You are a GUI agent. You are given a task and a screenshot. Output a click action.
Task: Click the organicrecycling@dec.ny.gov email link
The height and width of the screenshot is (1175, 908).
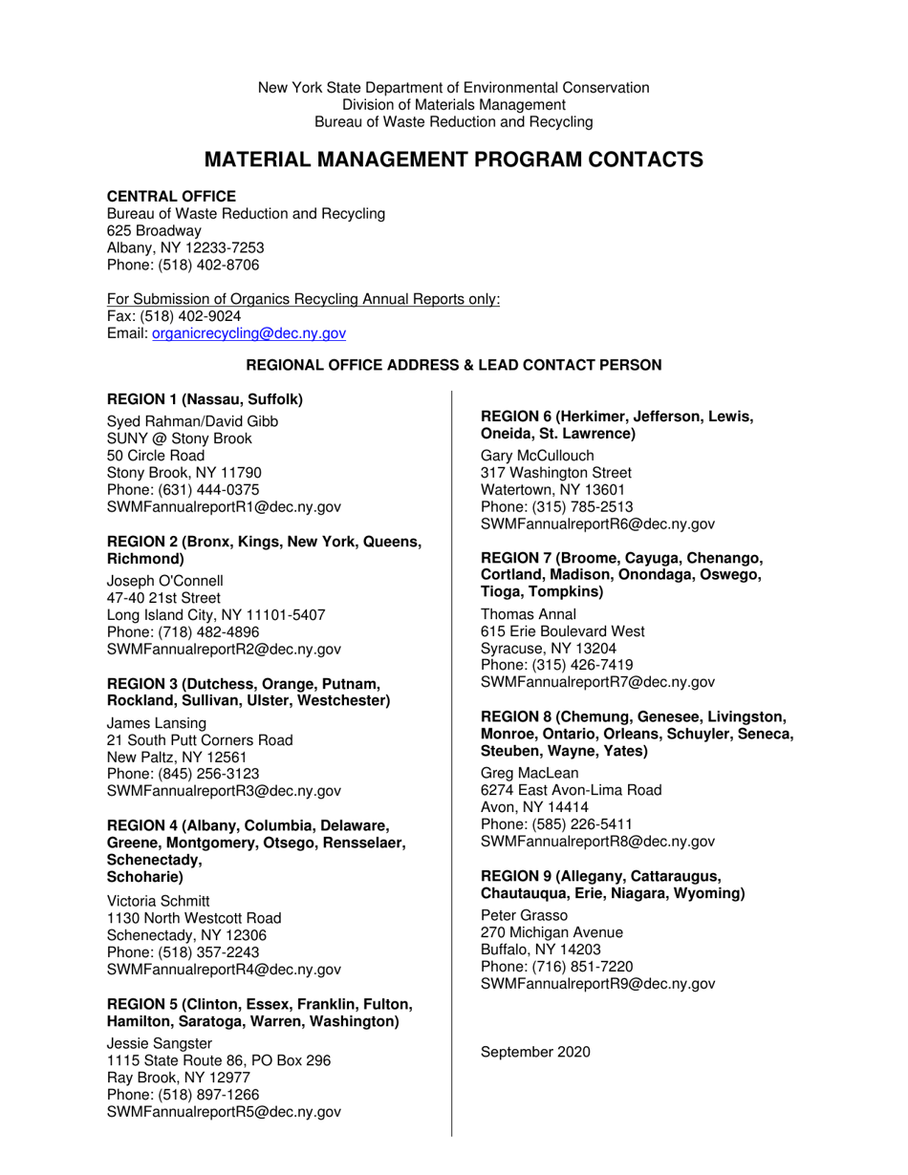coord(249,333)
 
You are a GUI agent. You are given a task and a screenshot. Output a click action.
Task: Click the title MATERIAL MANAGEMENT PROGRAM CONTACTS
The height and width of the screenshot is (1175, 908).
coord(454,160)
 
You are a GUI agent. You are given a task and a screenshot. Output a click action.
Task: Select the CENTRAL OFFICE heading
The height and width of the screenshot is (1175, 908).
coord(171,196)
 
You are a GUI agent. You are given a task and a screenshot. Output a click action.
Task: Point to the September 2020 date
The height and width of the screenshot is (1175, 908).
coord(535,1052)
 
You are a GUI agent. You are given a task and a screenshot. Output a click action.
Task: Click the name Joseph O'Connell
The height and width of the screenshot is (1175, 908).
coord(164,581)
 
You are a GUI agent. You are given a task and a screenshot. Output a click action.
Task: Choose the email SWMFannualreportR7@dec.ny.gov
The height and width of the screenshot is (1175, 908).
coord(597,682)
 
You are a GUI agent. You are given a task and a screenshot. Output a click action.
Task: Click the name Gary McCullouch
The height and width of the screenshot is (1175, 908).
coord(537,456)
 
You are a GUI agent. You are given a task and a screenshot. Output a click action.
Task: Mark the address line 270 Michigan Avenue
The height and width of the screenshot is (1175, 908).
coord(551,932)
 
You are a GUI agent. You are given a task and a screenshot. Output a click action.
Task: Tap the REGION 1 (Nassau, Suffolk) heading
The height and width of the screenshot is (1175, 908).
coord(205,398)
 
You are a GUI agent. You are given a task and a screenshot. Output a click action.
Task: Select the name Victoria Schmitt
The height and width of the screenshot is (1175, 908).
coord(158,901)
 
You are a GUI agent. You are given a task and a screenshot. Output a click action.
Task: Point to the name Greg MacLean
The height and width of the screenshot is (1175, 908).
coord(530,773)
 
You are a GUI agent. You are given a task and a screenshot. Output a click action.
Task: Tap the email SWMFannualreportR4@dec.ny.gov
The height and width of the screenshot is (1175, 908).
coord(224,970)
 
